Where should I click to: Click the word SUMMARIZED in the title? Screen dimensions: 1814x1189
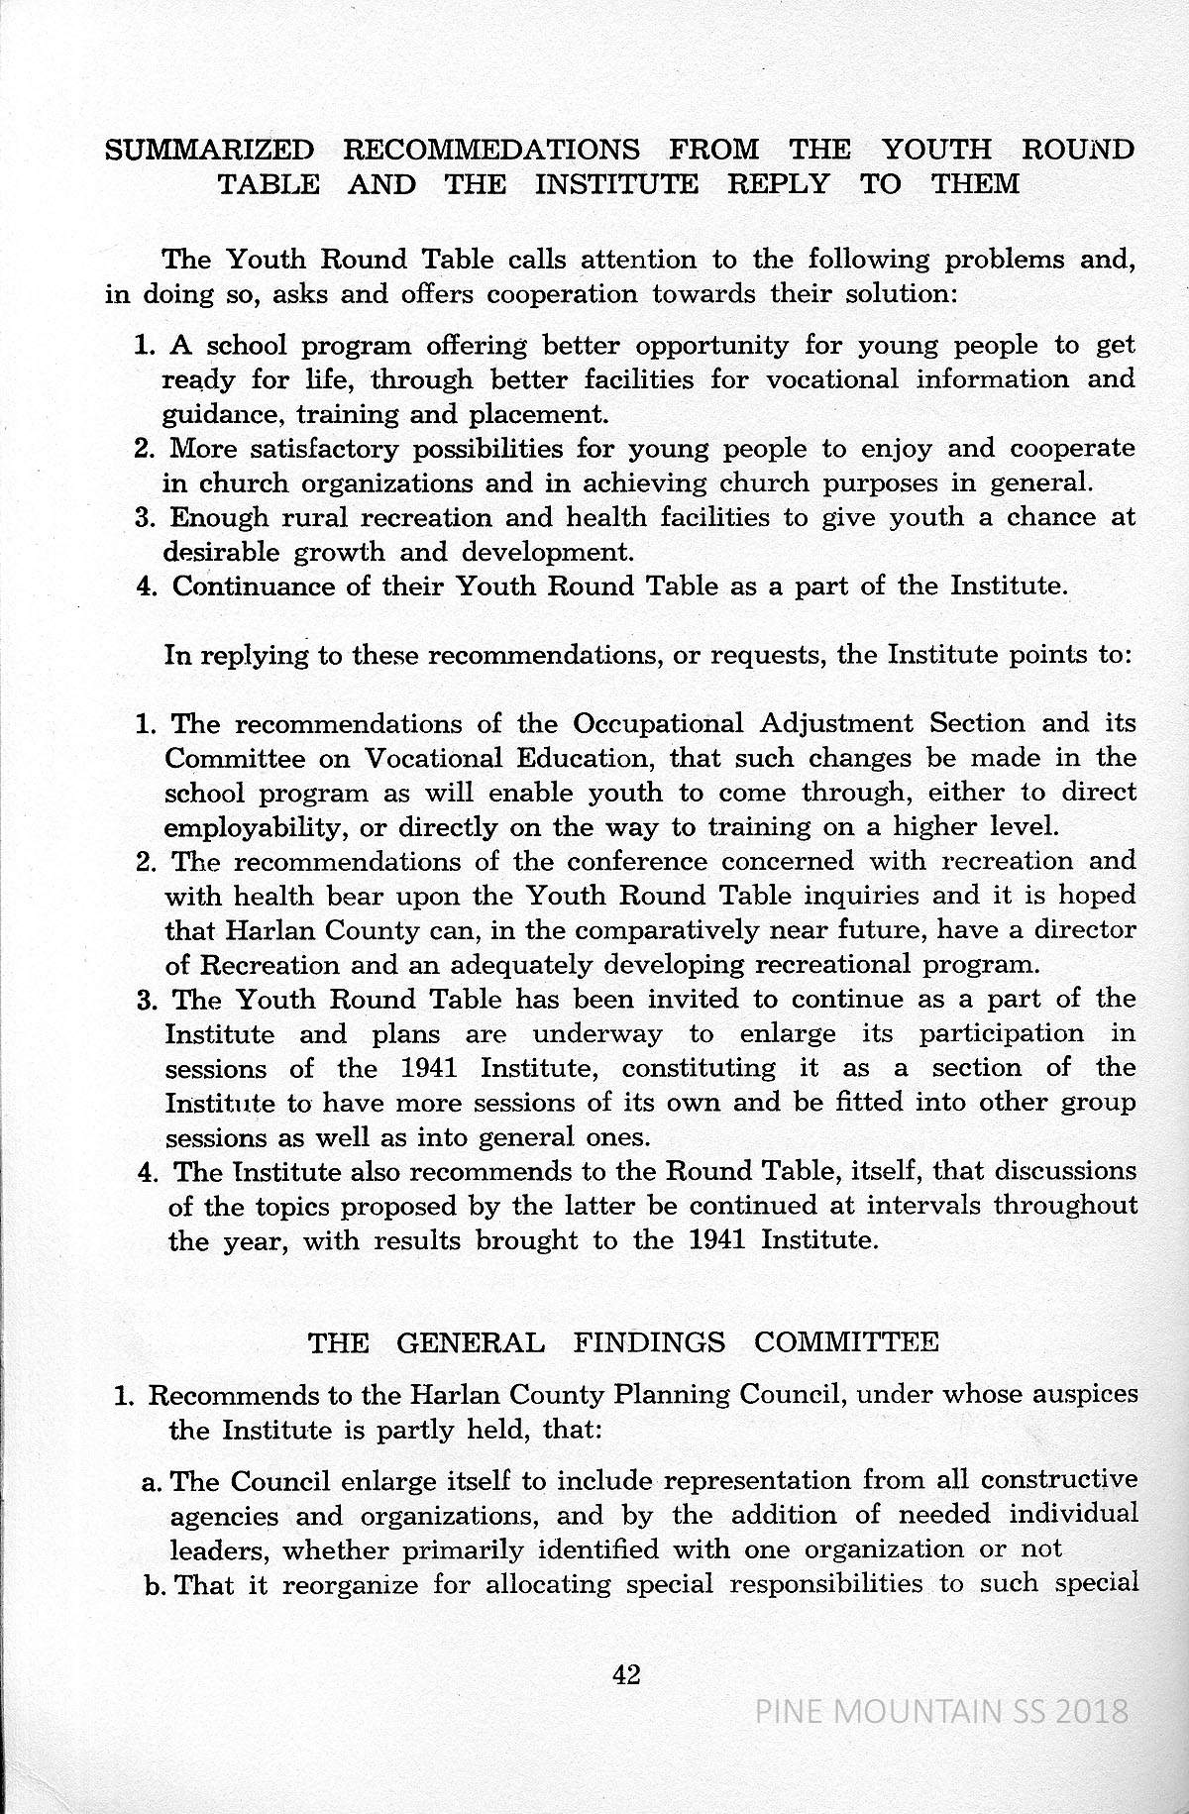pos(209,150)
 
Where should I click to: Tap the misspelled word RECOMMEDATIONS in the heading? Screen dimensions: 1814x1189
pos(490,150)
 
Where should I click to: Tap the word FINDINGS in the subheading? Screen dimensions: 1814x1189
pos(649,1342)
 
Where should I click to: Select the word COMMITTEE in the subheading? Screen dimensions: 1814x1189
pos(846,1342)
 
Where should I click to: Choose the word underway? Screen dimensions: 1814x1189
pos(596,1034)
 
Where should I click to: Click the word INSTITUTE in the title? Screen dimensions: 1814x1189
pos(616,184)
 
